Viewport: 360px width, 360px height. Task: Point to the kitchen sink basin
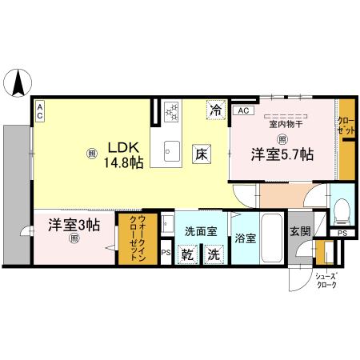173,148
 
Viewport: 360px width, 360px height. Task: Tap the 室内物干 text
283,124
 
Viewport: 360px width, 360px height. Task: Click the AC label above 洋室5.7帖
244,110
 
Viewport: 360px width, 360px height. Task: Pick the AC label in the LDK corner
39,113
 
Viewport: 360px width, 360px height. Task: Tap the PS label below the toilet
342,233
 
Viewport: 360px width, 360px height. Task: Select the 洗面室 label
201,230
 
